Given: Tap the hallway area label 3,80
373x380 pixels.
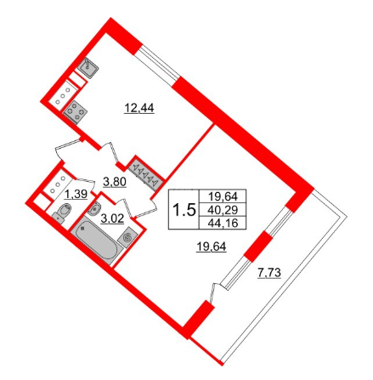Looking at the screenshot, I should tap(115, 180).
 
